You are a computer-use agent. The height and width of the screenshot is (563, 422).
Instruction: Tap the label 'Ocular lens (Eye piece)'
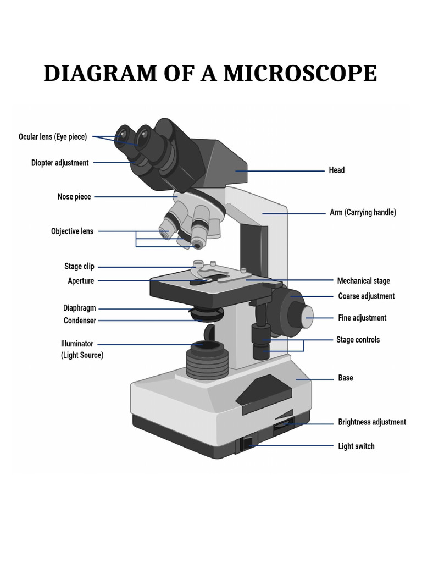(x=53, y=137)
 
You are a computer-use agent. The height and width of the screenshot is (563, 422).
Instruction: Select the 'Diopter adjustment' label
(x=60, y=163)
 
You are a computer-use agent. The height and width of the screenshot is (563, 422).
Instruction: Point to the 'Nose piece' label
(x=74, y=197)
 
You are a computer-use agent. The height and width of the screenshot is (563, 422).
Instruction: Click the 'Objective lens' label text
(x=72, y=231)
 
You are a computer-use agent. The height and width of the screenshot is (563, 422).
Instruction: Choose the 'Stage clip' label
(x=79, y=267)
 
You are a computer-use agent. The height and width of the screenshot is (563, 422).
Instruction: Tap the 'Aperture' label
(x=81, y=281)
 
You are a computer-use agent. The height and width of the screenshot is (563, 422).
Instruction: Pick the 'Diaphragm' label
(x=79, y=308)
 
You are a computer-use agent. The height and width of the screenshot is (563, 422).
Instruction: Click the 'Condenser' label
(x=80, y=321)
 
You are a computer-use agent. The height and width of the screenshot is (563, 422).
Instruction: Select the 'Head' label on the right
(x=336, y=170)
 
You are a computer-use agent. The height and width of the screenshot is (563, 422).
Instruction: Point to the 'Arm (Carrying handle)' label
(x=363, y=212)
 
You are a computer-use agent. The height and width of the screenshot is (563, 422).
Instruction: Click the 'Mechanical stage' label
(x=363, y=281)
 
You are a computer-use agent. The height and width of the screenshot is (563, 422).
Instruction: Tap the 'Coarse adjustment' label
(x=366, y=296)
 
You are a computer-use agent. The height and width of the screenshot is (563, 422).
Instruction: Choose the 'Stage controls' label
(x=358, y=340)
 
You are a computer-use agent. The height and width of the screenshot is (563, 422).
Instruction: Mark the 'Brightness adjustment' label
(x=371, y=422)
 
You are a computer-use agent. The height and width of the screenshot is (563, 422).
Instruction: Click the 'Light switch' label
(x=356, y=446)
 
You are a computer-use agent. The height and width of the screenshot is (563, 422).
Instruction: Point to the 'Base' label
(x=346, y=378)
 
